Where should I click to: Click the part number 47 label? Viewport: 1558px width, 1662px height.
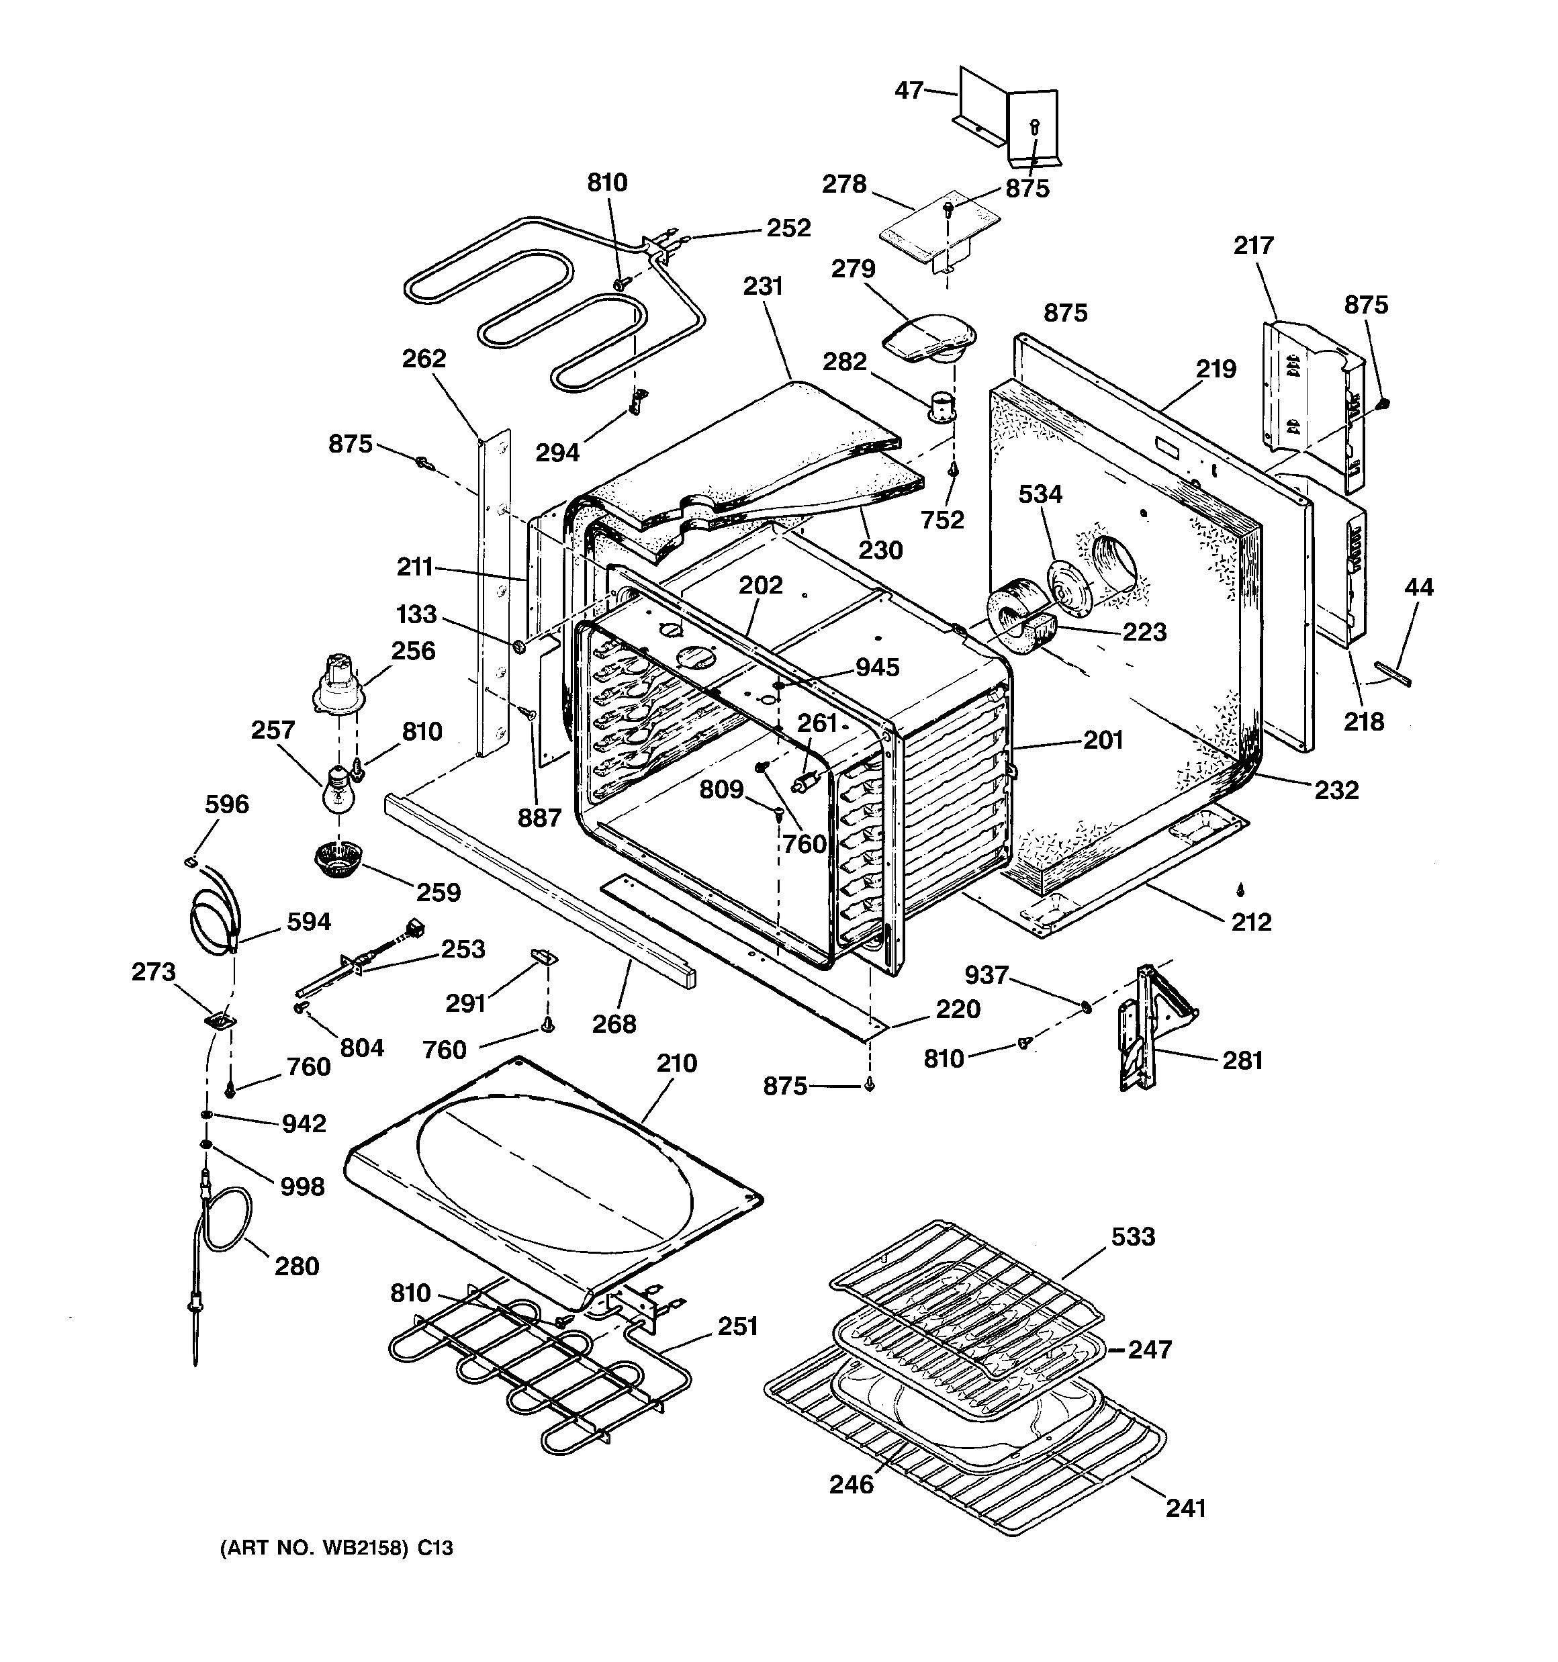coord(909,89)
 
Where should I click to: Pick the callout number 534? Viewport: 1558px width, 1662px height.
coord(1040,494)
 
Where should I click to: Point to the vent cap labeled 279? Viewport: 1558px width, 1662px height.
coord(928,338)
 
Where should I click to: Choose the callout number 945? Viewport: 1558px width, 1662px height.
coord(876,666)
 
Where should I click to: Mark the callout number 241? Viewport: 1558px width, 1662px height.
coord(1185,1508)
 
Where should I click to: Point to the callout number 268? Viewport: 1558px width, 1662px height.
coord(614,1023)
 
